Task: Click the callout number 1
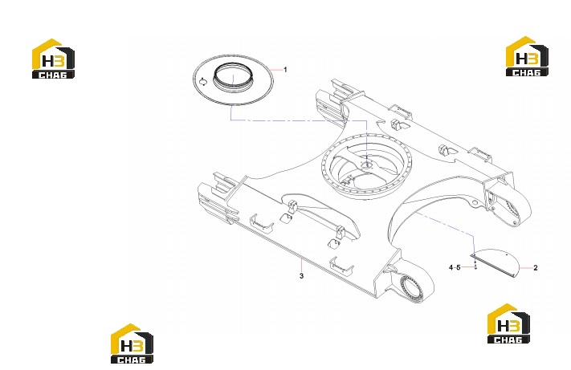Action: (x=286, y=70)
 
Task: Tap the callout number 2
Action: (x=536, y=268)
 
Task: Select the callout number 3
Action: (x=301, y=276)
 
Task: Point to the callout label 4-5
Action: (x=455, y=268)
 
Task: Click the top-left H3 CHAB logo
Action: (x=53, y=59)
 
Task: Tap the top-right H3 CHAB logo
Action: (x=527, y=56)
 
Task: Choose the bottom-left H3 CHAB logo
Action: (x=132, y=344)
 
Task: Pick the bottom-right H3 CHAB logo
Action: (x=508, y=323)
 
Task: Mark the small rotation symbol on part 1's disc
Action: (x=203, y=81)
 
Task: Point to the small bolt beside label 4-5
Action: (x=475, y=266)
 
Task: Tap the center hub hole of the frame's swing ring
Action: (x=367, y=165)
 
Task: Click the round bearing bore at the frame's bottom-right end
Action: (x=410, y=288)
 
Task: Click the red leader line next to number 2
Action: (x=525, y=268)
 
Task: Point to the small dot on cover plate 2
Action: (x=508, y=254)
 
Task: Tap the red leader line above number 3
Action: (x=301, y=265)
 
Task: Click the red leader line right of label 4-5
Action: (x=467, y=267)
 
